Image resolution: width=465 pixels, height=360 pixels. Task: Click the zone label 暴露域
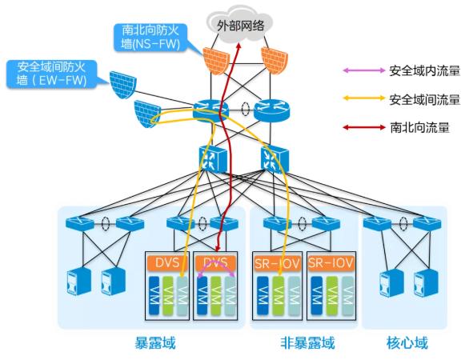pos(154,343)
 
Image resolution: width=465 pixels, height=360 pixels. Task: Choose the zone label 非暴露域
pos(307,343)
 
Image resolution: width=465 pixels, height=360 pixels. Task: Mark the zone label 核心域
pos(408,343)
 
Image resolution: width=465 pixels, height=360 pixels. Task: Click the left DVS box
pos(166,262)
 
